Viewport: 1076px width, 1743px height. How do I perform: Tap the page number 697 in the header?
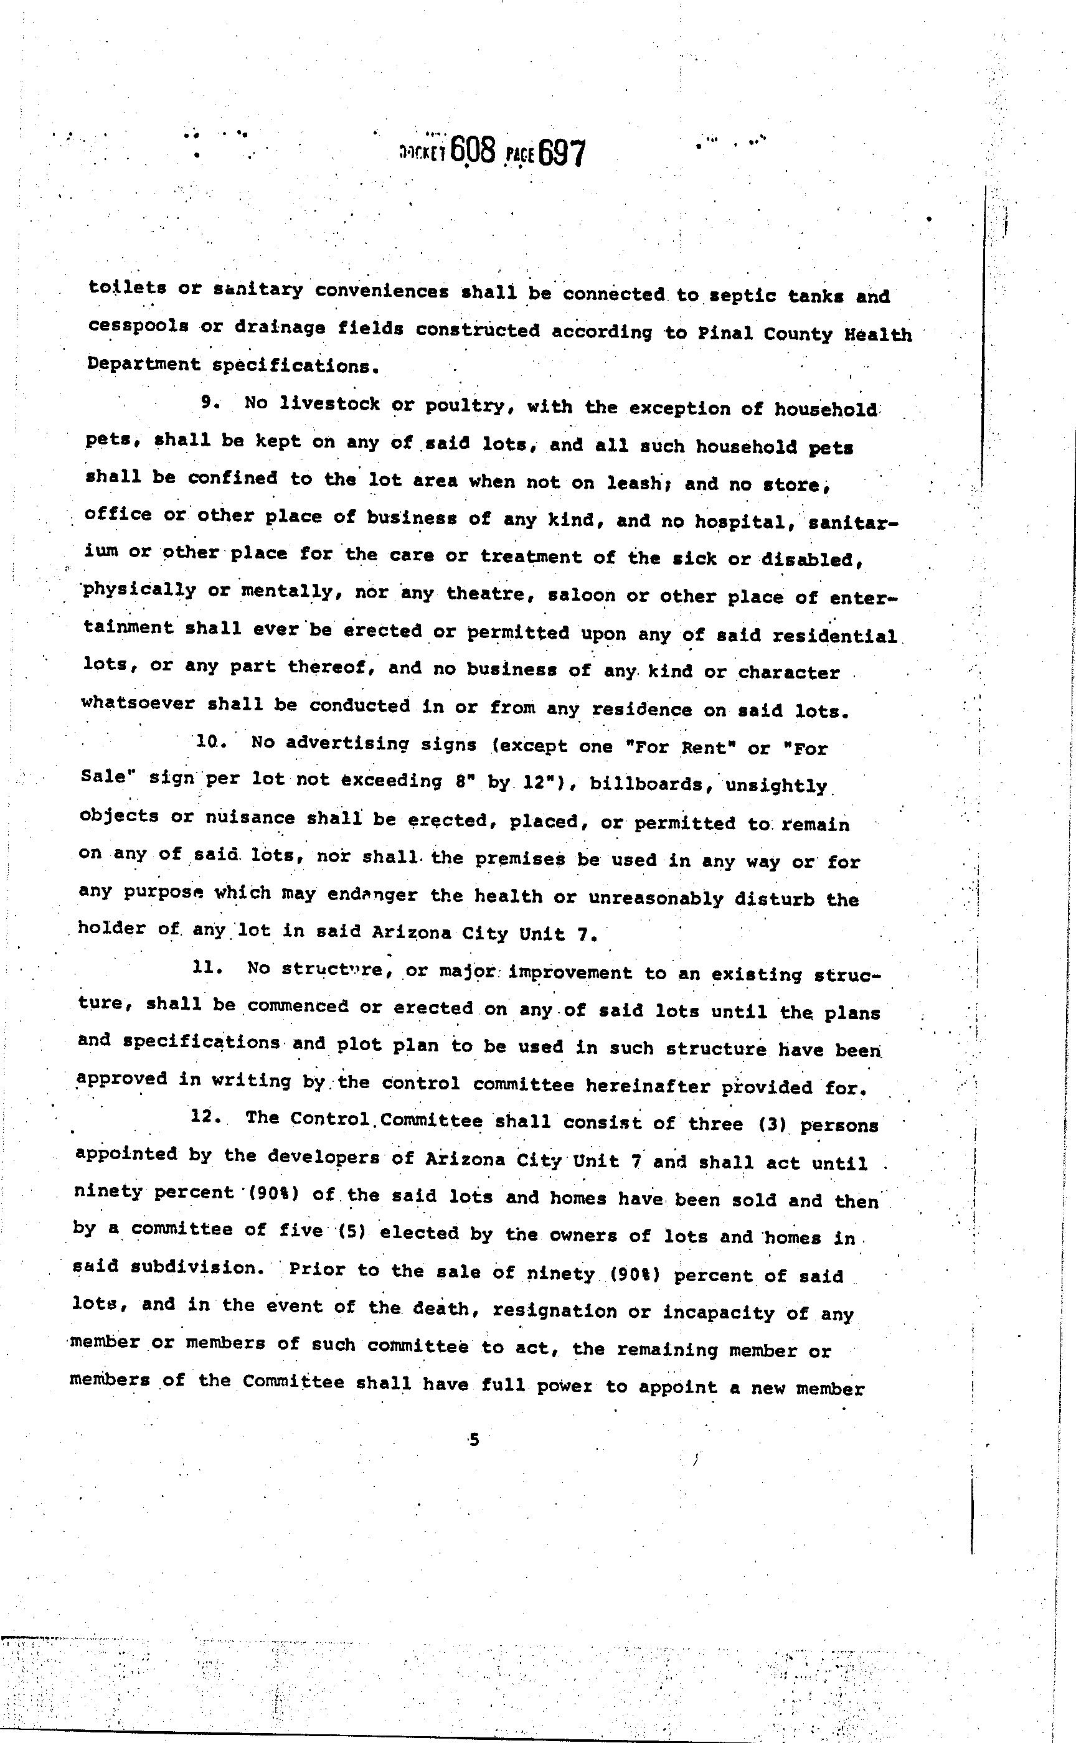tap(562, 153)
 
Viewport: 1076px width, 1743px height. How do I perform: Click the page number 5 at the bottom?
tap(474, 1439)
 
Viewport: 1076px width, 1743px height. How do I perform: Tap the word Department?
tap(144, 364)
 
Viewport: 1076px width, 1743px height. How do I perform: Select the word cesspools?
tap(138, 327)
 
